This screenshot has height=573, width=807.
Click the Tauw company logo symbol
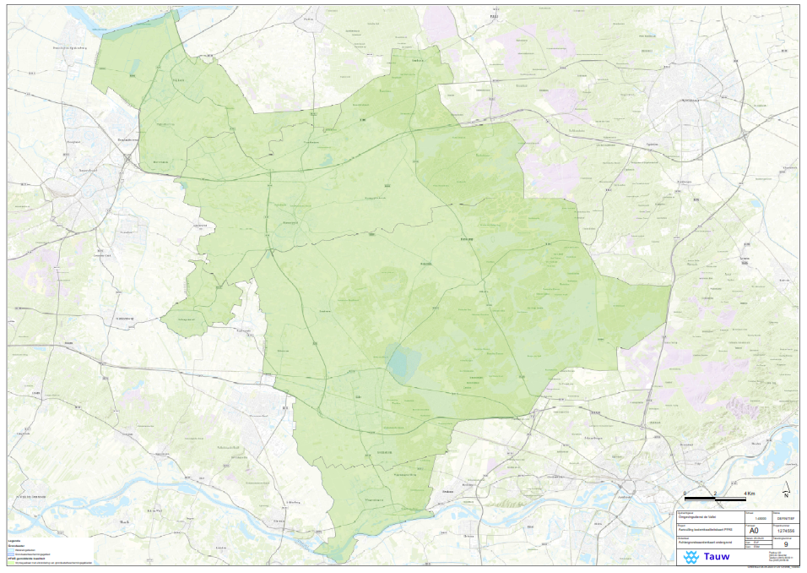pyautogui.click(x=692, y=557)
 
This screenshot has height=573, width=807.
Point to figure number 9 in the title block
pyautogui.click(x=787, y=544)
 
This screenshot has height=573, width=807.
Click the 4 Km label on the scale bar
pyautogui.click(x=749, y=492)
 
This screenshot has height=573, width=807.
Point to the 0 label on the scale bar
pyautogui.click(x=685, y=492)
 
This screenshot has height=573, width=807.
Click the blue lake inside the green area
pyautogui.click(x=403, y=363)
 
